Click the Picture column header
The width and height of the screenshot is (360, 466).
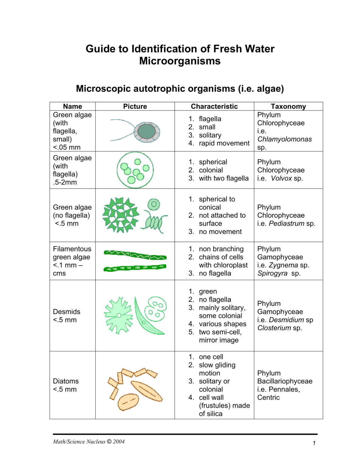pos(135,106)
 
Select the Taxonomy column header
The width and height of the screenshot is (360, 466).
pos(288,106)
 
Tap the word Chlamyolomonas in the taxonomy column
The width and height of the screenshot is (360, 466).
pos(284,139)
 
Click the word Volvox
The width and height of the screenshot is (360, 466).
pos(281,178)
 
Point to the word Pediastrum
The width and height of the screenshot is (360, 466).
pos(286,224)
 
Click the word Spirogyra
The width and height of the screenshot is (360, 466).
pos(272,273)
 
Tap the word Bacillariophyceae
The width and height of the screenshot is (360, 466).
pos(284,381)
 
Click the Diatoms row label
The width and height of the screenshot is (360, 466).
pos(66,381)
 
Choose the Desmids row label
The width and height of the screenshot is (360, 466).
pos(66,312)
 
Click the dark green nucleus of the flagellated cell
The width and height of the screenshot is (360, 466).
pos(146,131)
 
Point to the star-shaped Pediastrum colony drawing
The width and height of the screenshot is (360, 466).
pos(120,215)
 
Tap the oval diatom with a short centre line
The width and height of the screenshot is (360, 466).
pos(128,402)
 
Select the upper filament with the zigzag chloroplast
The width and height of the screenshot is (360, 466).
pos(135,255)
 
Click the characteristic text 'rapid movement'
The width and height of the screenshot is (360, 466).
pos(224,143)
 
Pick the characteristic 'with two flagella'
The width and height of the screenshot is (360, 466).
pos(224,178)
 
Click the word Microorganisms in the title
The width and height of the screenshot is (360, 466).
pos(180,61)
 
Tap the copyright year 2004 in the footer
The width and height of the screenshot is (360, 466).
pos(119,442)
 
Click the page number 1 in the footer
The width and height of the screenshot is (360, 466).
pos(314,443)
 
